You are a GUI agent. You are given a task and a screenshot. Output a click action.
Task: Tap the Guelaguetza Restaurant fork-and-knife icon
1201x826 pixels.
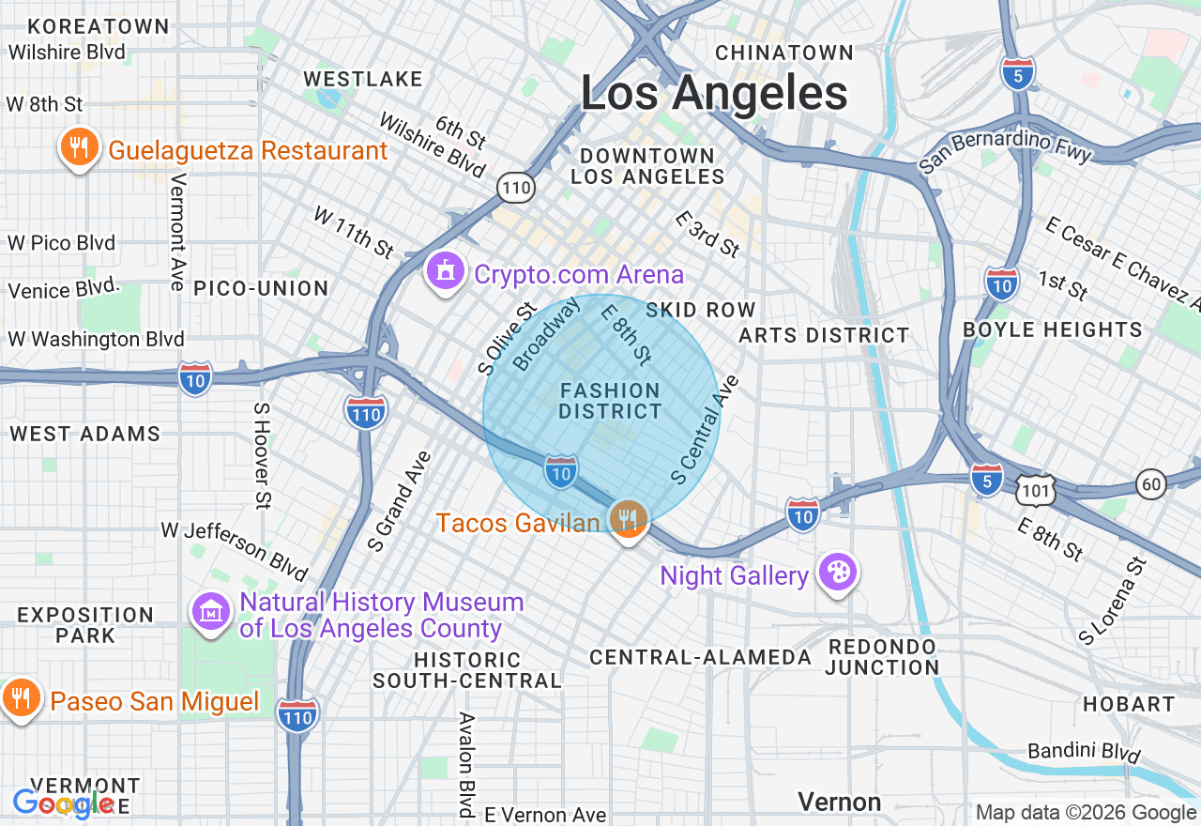click(x=80, y=148)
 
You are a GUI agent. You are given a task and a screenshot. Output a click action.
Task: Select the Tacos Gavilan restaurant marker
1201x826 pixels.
click(x=628, y=518)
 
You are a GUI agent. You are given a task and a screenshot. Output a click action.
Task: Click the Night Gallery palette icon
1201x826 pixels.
click(x=837, y=572)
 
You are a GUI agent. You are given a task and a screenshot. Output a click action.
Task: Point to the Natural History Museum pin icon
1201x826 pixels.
click(x=211, y=612)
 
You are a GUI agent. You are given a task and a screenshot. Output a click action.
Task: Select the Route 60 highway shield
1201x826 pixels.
click(x=1151, y=483)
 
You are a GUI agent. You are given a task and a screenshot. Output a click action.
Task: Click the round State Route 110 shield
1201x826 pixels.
click(x=516, y=189)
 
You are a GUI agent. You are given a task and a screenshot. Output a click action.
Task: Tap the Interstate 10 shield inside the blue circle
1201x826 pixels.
click(x=560, y=472)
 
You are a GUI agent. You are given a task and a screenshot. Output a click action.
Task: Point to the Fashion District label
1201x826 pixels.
click(x=610, y=401)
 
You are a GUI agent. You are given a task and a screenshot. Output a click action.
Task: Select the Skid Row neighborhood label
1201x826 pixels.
click(x=700, y=310)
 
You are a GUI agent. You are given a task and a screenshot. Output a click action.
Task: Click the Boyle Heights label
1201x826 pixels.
click(x=1053, y=330)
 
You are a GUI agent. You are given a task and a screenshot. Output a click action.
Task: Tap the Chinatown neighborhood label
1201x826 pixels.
click(x=784, y=53)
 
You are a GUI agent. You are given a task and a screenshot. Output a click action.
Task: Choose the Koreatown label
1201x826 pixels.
click(x=85, y=26)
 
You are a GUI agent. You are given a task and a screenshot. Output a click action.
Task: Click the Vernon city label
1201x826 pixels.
click(x=839, y=802)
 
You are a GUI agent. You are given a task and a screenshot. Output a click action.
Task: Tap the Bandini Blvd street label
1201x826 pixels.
click(x=1084, y=752)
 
